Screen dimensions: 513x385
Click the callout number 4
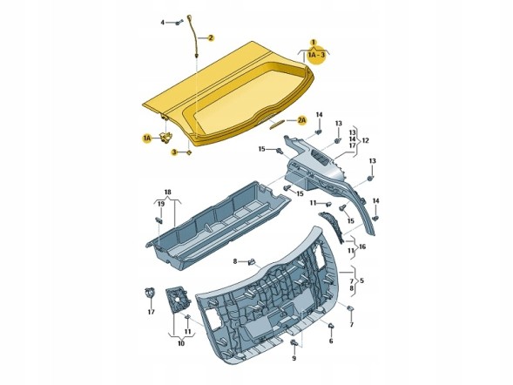[x=163, y=23]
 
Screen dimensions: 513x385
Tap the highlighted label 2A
[x=301, y=120]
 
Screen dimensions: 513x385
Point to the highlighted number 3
[x=174, y=152]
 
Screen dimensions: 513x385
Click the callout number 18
[x=167, y=192]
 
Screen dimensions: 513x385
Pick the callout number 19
[x=161, y=204]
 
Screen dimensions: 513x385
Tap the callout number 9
[x=294, y=359]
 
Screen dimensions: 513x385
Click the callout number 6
[x=331, y=341]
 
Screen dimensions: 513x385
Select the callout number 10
[x=181, y=343]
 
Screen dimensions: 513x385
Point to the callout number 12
[x=366, y=140]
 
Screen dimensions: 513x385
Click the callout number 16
[x=362, y=247]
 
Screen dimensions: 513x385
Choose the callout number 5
[x=361, y=280]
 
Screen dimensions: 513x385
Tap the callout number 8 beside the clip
[x=234, y=261]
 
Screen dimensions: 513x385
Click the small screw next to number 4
[x=179, y=23]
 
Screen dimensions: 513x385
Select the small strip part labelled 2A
[x=276, y=124]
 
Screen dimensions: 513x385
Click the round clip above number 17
[x=150, y=292]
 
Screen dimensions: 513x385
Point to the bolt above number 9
[x=294, y=343]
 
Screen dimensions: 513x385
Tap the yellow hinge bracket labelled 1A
[x=166, y=137]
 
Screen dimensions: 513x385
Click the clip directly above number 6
[x=331, y=326]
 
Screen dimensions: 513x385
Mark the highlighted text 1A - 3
[x=317, y=55]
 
